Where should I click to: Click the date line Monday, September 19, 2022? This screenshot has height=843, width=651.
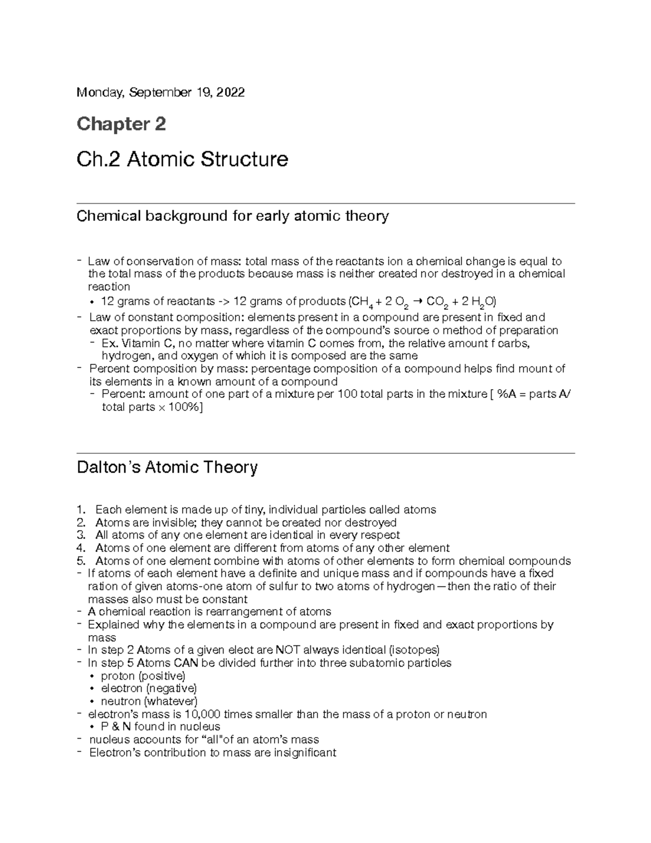pos(161,93)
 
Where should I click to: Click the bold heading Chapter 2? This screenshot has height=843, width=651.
pos(121,124)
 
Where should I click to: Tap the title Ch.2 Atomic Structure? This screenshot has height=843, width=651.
pos(182,160)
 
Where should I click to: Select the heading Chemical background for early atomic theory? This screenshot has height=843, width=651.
pos(233,216)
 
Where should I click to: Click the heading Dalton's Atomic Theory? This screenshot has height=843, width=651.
pos(167,467)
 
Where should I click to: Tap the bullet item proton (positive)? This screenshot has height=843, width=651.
pos(143,676)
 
